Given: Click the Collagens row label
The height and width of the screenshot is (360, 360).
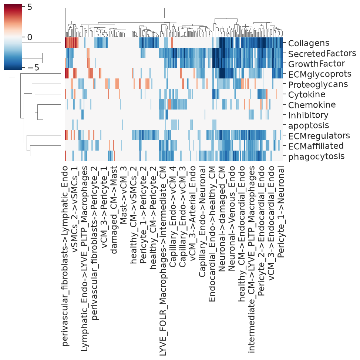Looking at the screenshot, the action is [x=309, y=43].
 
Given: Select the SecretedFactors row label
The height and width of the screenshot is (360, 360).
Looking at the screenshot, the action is [x=322, y=54].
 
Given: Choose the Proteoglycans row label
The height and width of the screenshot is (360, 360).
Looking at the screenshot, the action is [x=318, y=84].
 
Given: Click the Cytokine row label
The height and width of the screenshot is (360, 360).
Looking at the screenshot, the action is [x=306, y=95].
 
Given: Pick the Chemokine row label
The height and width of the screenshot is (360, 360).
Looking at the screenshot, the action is [x=312, y=105].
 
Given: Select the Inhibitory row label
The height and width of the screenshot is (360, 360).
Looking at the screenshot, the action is [x=308, y=115].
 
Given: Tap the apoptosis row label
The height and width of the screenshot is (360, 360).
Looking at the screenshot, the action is [x=309, y=125].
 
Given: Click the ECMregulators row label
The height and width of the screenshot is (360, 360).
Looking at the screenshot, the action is [x=319, y=136].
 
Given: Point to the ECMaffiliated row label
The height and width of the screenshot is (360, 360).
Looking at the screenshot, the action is [x=316, y=146].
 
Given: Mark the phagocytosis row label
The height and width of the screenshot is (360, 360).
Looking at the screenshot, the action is [x=316, y=157].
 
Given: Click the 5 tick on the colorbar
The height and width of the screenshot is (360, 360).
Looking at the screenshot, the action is [x=30, y=7].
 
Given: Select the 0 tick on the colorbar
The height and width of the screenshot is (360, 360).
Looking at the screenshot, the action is [x=30, y=37].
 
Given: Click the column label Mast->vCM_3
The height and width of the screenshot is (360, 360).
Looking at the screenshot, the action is [x=123, y=195].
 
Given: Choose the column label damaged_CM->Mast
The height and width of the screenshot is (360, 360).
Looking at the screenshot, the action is [x=114, y=210].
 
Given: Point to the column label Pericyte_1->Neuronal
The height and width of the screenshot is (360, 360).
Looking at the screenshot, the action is [x=281, y=212].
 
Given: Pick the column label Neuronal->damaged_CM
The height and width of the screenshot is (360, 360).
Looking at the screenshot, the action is [x=222, y=219].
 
